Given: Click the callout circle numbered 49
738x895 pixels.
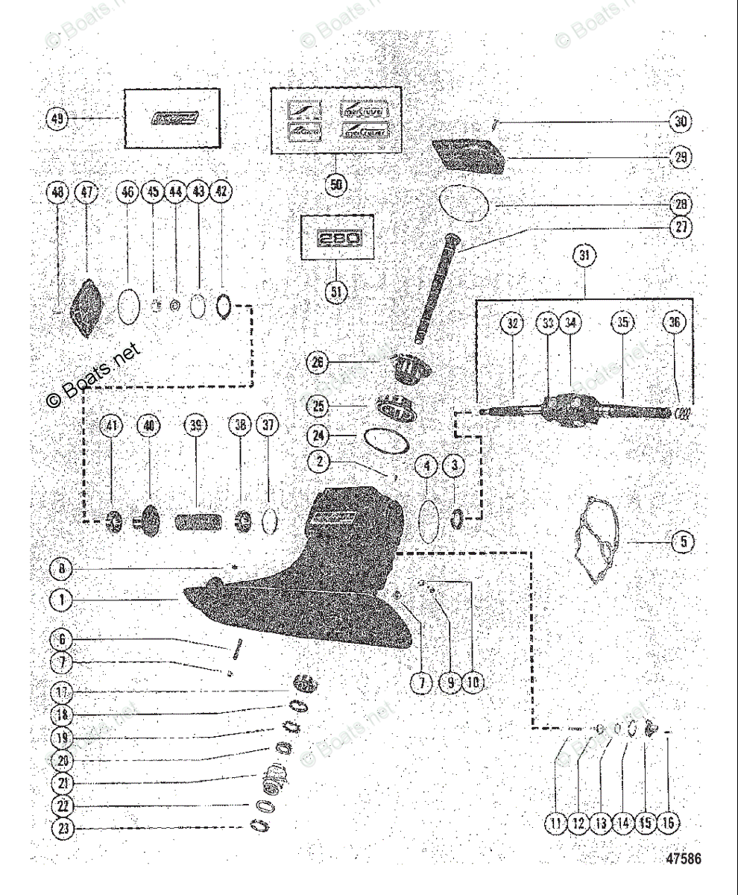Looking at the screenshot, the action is coord(56,118).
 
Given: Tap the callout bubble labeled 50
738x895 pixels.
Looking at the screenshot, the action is coord(336,183).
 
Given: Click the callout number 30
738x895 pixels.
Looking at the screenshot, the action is coord(680,122).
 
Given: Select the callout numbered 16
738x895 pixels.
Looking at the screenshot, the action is coord(668,823).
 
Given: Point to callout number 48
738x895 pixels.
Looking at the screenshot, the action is coord(56,193).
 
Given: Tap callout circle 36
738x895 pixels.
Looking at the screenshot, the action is coord(675,323).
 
